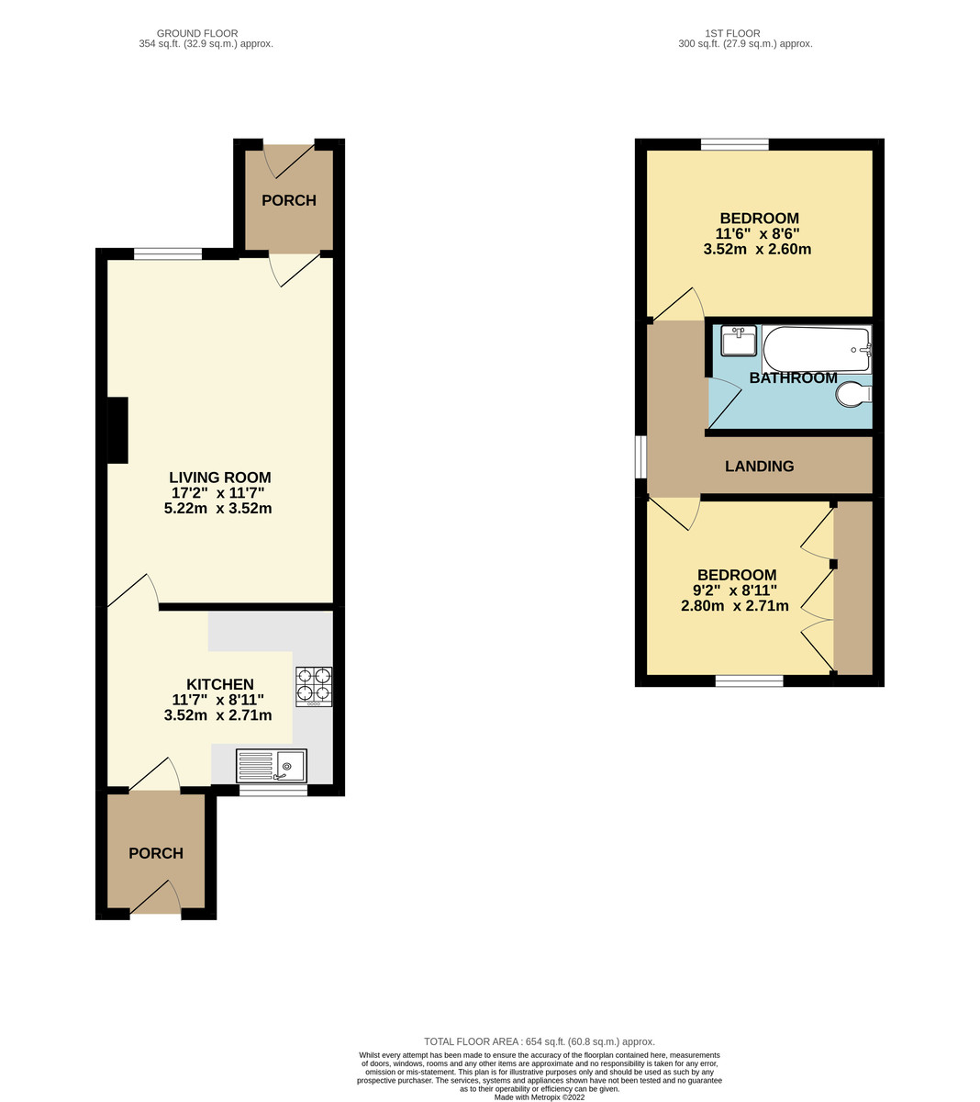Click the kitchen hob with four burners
point(314,686)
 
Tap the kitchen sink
point(272,766)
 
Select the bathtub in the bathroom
point(815,349)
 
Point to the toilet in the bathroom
point(853,395)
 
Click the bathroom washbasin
point(739,341)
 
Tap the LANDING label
point(759,467)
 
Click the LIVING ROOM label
point(220,478)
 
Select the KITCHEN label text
point(220,684)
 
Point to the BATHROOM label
point(793,378)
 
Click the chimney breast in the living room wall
point(117,430)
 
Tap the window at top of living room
point(168,254)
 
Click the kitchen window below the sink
point(273,790)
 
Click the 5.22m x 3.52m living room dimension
point(217,508)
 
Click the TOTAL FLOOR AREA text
point(539,1041)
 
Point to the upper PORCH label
point(289,200)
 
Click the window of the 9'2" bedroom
point(749,680)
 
